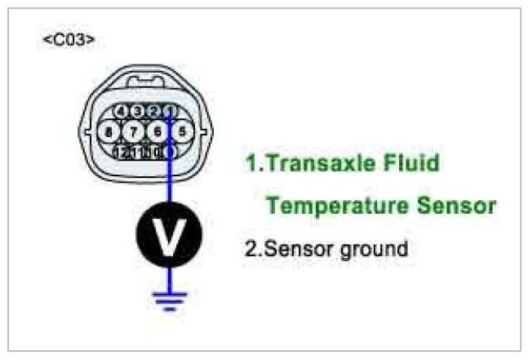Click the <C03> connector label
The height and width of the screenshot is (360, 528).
tap(68, 40)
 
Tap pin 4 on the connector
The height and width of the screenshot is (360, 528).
tap(120, 111)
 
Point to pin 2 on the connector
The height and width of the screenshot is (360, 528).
tap(153, 111)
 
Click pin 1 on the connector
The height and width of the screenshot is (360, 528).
tap(168, 111)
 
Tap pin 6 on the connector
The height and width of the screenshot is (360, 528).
tap(157, 131)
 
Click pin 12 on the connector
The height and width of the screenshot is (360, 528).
tap(122, 151)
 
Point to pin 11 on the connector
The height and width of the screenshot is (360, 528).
tap(139, 151)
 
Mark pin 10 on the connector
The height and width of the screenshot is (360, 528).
tap(154, 151)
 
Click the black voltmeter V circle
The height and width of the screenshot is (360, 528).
tap(168, 236)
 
